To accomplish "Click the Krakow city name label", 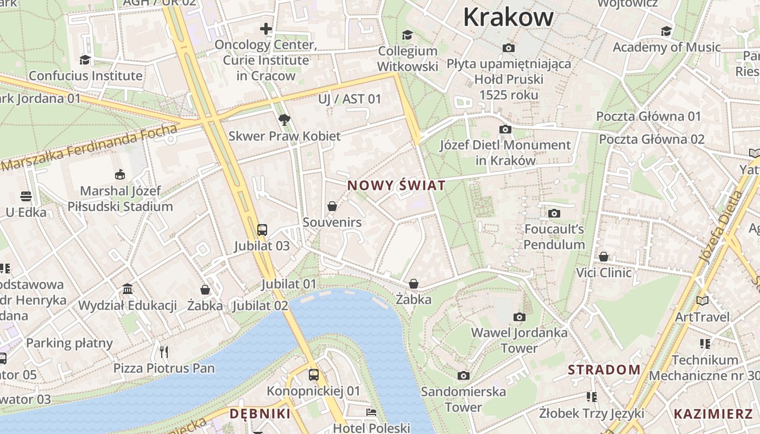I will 508,17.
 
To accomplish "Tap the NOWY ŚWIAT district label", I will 396,186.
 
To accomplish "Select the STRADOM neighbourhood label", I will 604,370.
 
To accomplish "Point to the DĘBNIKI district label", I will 260,414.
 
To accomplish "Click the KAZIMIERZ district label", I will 713,414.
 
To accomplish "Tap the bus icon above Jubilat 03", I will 262,230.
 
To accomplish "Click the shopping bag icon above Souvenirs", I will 332,206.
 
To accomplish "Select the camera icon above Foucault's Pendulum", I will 554,213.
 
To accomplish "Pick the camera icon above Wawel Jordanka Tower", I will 520,317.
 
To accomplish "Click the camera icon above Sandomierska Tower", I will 463,375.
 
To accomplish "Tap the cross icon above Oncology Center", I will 265,29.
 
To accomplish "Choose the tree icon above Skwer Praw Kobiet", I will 284,120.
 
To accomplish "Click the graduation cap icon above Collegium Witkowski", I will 407,35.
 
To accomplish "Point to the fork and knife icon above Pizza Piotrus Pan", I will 164,352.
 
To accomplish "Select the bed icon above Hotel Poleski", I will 371,412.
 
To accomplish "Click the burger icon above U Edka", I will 26,196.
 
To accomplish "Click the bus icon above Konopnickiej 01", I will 313,374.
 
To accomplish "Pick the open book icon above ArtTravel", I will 702,300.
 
